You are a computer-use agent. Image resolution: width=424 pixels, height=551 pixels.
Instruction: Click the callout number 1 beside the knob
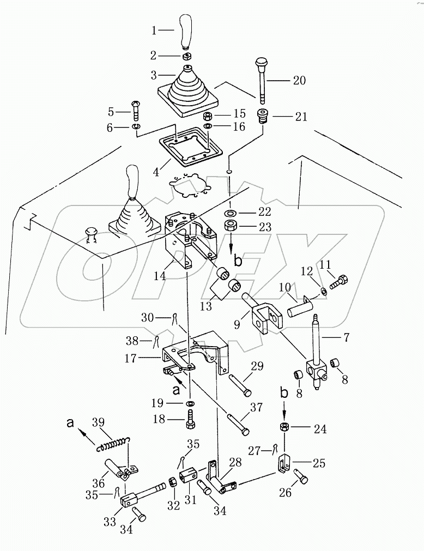pyautogui.click(x=154, y=31)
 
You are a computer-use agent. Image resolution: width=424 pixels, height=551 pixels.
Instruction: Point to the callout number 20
pyautogui.click(x=299, y=81)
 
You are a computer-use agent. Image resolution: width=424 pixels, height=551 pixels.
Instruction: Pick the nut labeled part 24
pyautogui.click(x=284, y=426)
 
